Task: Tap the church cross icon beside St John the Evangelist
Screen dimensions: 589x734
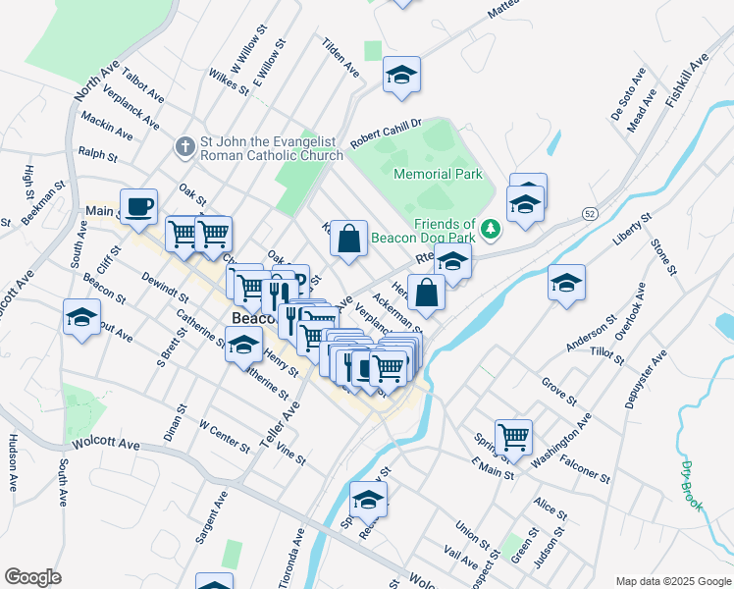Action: [x=183, y=147]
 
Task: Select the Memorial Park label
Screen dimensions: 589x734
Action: [x=438, y=174]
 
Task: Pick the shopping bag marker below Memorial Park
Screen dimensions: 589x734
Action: [x=348, y=239]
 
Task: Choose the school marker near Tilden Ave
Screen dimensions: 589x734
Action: [x=401, y=76]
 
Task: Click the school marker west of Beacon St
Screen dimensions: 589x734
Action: [x=81, y=317]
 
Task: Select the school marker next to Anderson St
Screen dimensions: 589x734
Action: [x=566, y=283]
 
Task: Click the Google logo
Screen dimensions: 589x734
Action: [x=32, y=577]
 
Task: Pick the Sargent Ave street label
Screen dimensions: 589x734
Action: [x=212, y=519]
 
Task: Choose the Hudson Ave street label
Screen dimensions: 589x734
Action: [x=14, y=462]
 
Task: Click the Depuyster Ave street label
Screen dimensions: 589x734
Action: [x=647, y=378]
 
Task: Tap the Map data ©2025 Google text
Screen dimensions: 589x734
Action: [x=672, y=581]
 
